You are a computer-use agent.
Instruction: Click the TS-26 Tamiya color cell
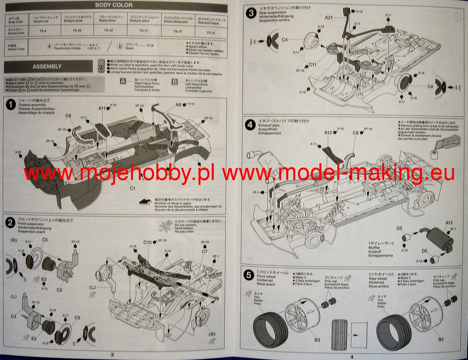(x=77, y=31)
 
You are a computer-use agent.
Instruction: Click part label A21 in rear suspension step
(x=329, y=18)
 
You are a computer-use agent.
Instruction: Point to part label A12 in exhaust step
(x=328, y=132)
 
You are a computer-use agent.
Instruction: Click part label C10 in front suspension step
(x=147, y=242)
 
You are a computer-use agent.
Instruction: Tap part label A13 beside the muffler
(x=449, y=222)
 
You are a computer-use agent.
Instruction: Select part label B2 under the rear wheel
(x=441, y=339)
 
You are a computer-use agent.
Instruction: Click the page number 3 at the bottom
(x=112, y=355)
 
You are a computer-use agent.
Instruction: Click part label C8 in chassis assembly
(x=68, y=116)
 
